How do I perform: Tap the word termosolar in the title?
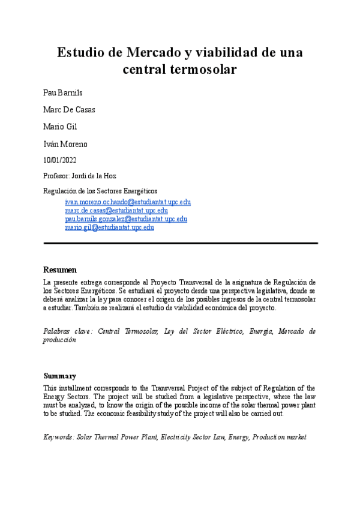tap(203, 70)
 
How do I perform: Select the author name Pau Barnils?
tap(63, 93)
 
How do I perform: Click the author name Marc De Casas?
tap(69, 110)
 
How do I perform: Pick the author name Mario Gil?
tap(60, 127)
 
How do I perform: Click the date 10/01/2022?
tap(60, 160)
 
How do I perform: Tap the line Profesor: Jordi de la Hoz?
tap(80, 176)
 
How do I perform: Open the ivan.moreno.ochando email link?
tap(127, 202)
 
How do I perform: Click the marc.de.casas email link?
tap(116, 211)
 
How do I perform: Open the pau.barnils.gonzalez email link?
tap(125, 219)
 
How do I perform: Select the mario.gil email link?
tap(109, 227)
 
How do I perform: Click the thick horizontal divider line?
tap(180, 243)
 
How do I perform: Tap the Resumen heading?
tap(60, 270)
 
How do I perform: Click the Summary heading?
tap(59, 376)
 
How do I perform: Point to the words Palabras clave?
tap(68, 331)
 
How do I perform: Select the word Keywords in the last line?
tap(59, 437)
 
